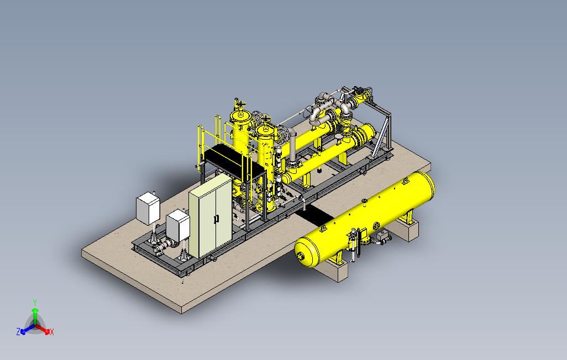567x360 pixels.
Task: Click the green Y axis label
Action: coord(35,302)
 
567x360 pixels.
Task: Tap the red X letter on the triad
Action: coord(52,332)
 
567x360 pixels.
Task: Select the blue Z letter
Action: coord(18,331)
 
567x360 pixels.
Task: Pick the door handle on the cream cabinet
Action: coord(216,219)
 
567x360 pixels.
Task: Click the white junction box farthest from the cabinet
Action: coord(148,208)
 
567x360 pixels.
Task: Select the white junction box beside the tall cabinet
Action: coord(178,225)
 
